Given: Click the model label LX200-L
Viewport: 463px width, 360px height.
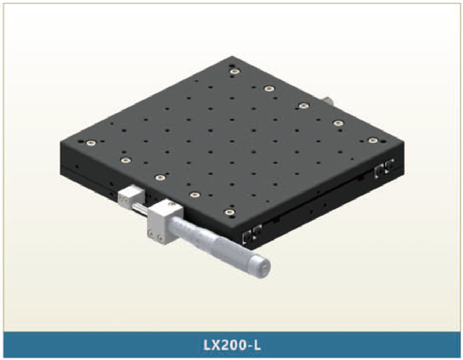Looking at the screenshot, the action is (x=232, y=345).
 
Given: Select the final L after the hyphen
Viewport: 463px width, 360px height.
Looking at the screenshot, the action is (x=257, y=345).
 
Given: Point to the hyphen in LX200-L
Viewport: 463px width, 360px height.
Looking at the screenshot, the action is (x=250, y=346).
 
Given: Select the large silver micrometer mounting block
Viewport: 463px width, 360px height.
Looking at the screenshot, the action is (x=165, y=222).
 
